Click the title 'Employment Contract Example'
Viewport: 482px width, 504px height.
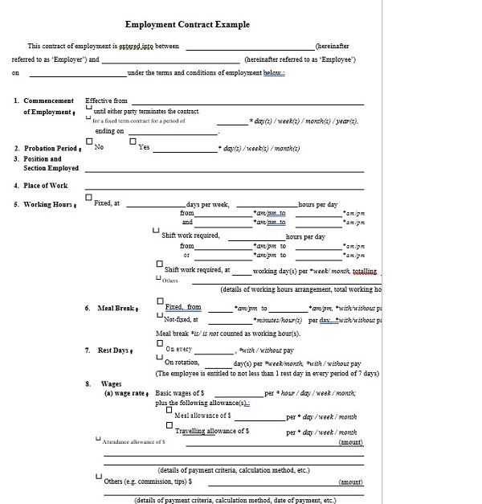(x=187, y=24)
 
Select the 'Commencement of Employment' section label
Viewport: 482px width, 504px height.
(x=48, y=106)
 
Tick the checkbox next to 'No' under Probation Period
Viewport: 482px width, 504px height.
(x=88, y=142)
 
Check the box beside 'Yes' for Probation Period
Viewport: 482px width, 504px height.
(x=133, y=142)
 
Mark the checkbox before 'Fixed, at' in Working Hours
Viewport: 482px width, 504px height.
(x=88, y=198)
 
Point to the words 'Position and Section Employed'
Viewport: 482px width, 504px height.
(x=51, y=163)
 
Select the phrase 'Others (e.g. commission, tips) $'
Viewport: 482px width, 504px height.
(x=149, y=481)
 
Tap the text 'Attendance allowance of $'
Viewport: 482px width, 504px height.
(x=133, y=441)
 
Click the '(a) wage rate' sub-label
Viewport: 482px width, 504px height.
(x=127, y=394)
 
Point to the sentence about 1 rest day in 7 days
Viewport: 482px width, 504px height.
(x=268, y=373)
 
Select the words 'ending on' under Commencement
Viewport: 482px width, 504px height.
(x=109, y=131)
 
